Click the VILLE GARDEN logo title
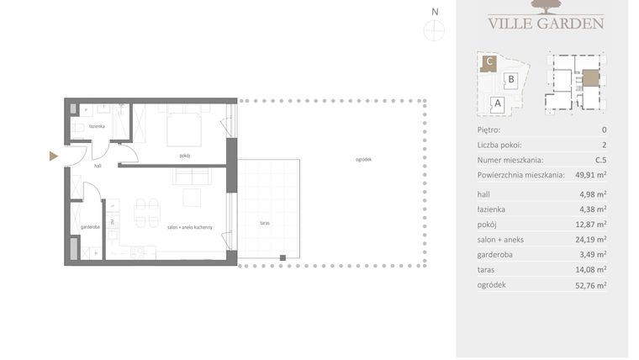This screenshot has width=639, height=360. coord(546,23)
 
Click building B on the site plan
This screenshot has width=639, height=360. coord(509,81)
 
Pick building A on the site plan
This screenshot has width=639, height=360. coord(497,104)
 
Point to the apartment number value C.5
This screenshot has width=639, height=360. coord(599,160)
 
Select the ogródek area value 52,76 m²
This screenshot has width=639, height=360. coord(589,285)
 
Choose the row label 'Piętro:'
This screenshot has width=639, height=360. coord(488,130)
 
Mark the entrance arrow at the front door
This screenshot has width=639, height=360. coord(54,156)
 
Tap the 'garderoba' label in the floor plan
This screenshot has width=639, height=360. coord(92,227)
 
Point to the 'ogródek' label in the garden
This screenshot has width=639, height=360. coord(362,160)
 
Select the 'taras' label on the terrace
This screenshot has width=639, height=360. coord(265,223)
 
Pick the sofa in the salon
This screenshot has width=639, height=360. coord(191,177)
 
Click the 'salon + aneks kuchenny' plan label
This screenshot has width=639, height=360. coord(189,227)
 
